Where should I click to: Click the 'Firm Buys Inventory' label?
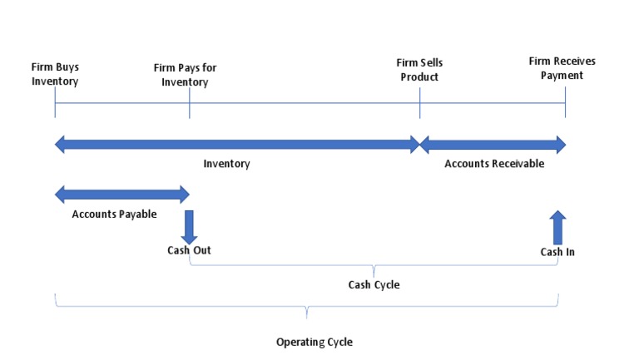click(x=55, y=74)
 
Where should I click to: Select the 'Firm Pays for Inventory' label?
click(x=185, y=75)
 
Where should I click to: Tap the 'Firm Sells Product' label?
click(x=418, y=70)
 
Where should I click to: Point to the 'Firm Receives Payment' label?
click(x=562, y=68)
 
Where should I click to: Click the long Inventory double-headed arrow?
click(x=237, y=145)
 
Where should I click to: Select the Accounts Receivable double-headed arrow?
click(x=492, y=145)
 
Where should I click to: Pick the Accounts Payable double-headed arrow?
click(x=121, y=195)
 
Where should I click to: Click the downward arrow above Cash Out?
click(x=189, y=226)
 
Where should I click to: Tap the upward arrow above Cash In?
click(x=557, y=227)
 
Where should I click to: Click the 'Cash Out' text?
click(x=189, y=250)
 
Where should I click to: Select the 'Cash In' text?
click(x=557, y=252)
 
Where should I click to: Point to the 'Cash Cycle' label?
click(x=374, y=285)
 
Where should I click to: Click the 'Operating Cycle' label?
click(x=314, y=342)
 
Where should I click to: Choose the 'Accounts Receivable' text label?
click(x=493, y=164)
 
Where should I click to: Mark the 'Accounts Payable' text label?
click(x=114, y=214)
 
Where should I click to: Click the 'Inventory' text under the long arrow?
click(x=226, y=164)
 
